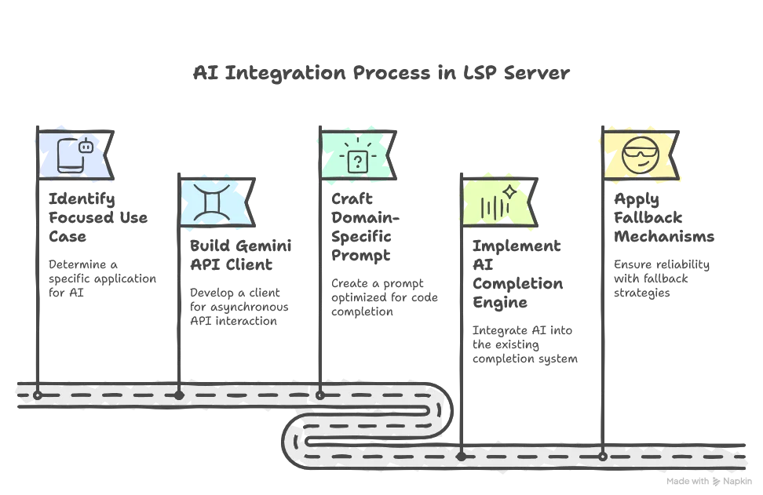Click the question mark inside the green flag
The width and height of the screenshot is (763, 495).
pyautogui.click(x=357, y=162)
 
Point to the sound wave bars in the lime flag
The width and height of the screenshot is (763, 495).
pyautogui.click(x=493, y=208)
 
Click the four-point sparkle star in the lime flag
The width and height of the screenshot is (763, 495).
pyautogui.click(x=509, y=191)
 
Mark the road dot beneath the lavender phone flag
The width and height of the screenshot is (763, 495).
pyautogui.click(x=37, y=395)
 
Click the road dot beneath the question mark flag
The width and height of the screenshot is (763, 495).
pyautogui.click(x=319, y=395)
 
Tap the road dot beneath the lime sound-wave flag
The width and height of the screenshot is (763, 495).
pyautogui.click(x=461, y=455)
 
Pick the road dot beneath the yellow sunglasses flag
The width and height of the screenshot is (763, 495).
pyautogui.click(x=602, y=455)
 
